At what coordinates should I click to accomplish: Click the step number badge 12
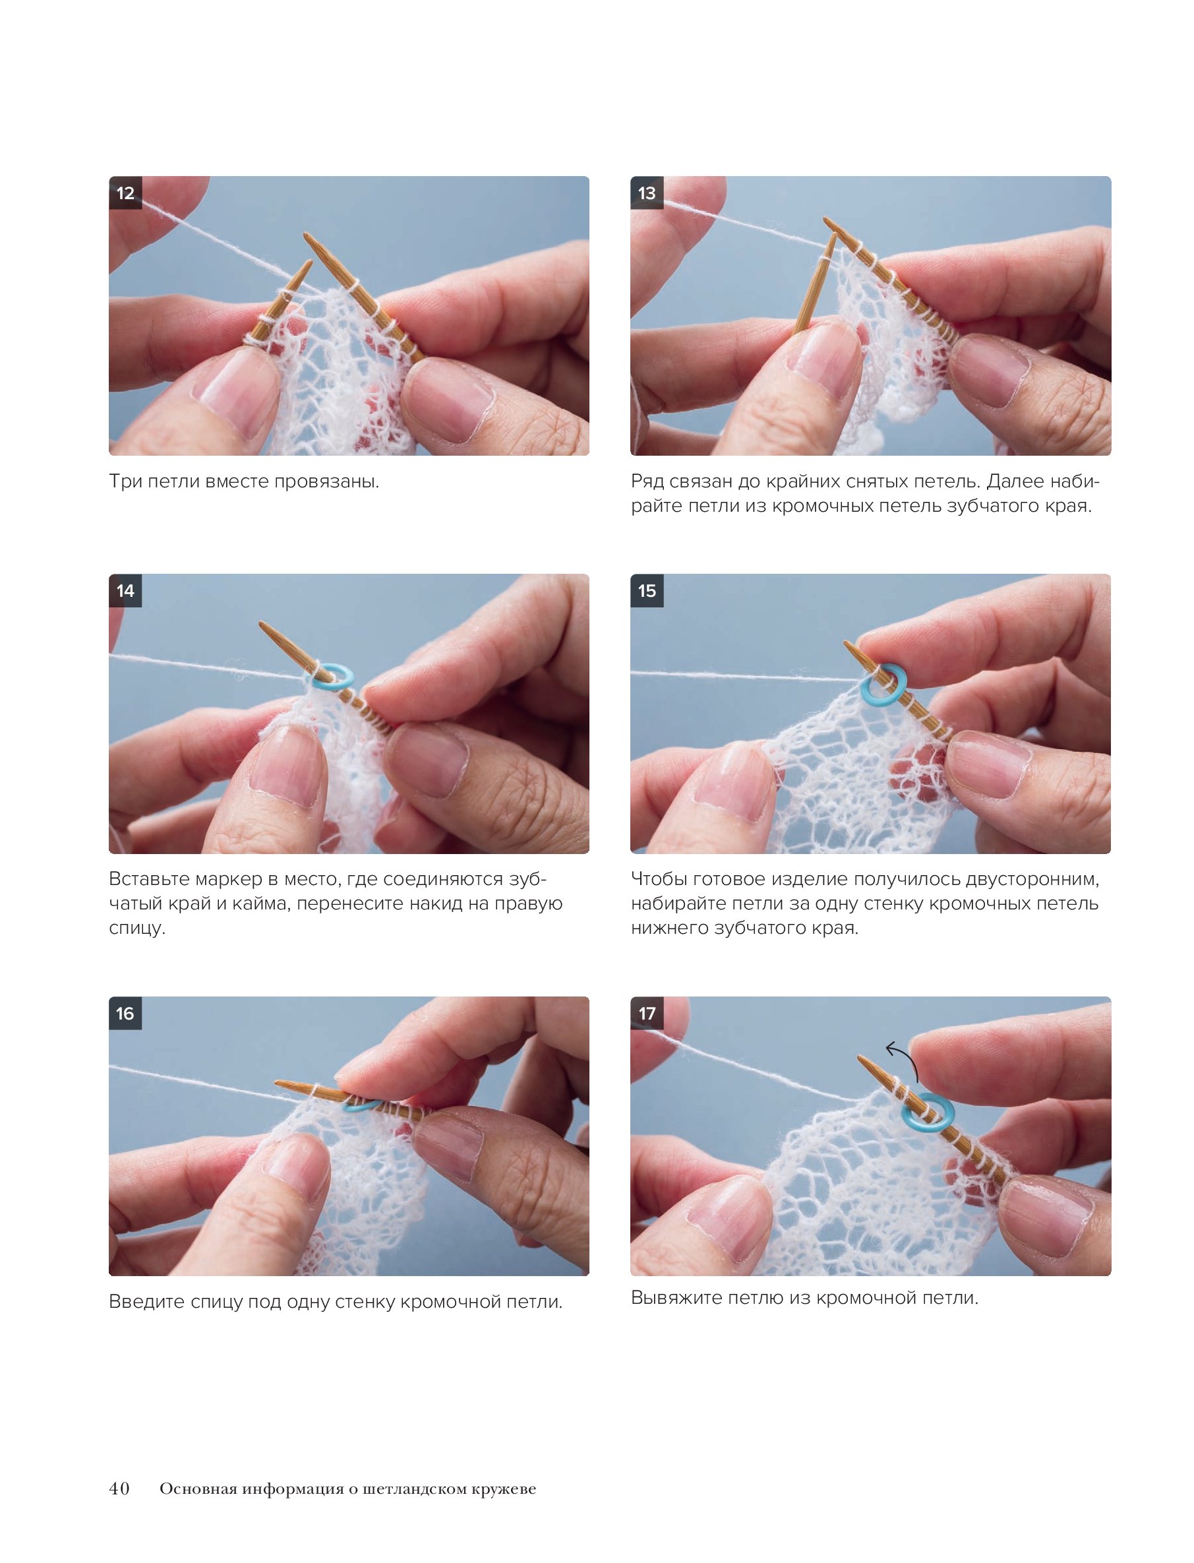(125, 193)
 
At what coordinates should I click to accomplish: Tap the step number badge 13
(647, 193)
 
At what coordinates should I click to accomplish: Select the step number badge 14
(125, 591)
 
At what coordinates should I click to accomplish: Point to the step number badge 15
(647, 591)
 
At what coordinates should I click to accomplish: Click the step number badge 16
(125, 1014)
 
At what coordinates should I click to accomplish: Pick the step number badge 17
(647, 1014)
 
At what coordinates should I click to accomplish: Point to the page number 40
(119, 1488)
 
